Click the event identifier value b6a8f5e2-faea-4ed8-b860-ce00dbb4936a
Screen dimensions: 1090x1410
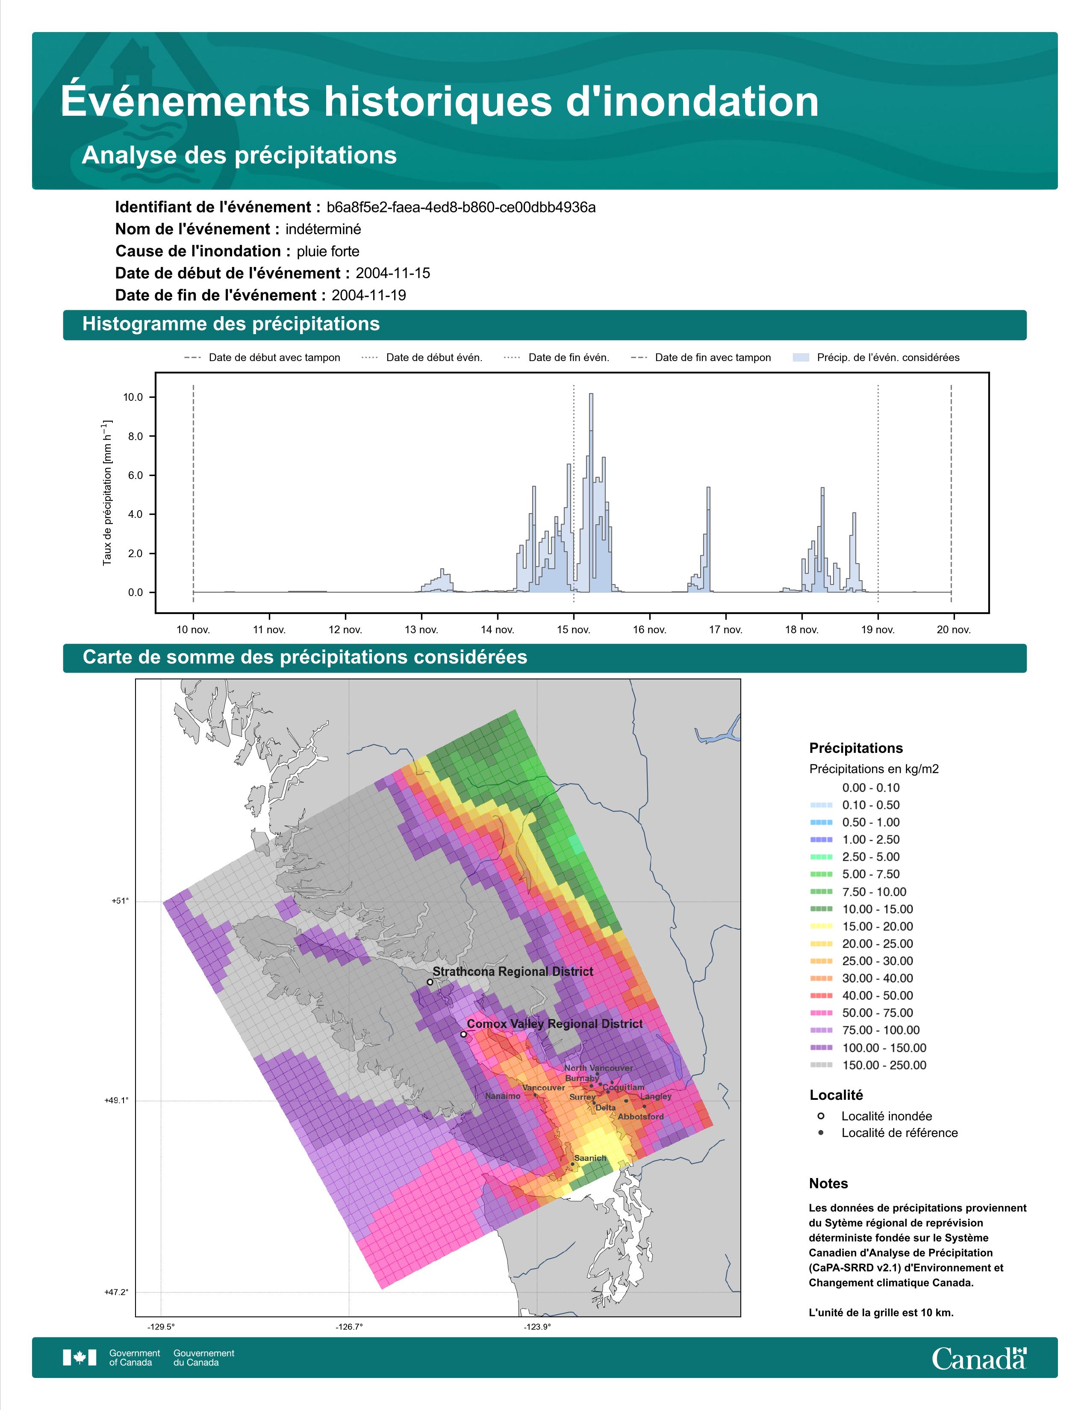pos(461,207)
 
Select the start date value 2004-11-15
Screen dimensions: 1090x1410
pos(392,273)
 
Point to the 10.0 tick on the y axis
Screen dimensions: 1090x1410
pos(133,397)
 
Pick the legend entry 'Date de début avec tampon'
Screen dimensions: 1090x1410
pos(262,358)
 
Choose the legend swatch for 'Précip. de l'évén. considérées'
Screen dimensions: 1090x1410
pos(801,358)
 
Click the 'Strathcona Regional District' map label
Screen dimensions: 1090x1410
pos(513,972)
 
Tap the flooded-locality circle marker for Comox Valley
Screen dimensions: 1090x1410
pos(463,1034)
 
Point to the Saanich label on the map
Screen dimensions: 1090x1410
pos(590,1158)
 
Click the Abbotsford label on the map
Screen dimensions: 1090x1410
pos(641,1117)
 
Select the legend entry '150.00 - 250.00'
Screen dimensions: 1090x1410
pos(884,1065)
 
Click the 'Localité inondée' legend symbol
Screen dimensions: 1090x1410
pos(821,1116)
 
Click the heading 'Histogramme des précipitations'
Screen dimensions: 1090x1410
pos(231,324)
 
